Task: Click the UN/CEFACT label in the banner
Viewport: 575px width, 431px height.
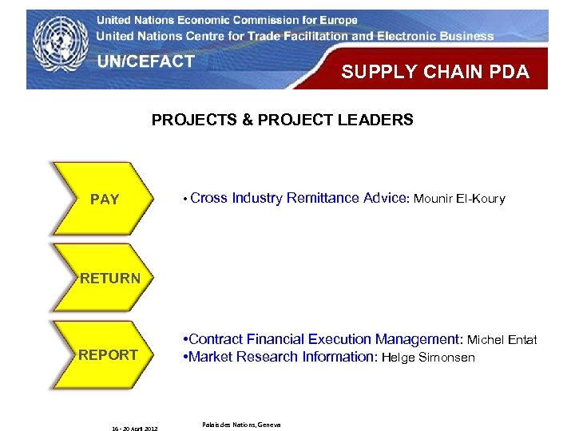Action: pyautogui.click(x=145, y=61)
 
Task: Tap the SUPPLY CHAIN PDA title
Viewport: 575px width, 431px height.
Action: pyautogui.click(x=435, y=72)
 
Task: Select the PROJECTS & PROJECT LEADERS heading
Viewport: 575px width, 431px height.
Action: pyautogui.click(x=283, y=121)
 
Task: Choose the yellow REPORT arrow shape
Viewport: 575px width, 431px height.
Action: pyautogui.click(x=106, y=355)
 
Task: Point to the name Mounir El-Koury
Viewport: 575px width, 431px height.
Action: pyautogui.click(x=459, y=199)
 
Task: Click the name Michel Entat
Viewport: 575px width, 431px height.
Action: pyautogui.click(x=502, y=340)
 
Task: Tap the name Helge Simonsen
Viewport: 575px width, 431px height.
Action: pyautogui.click(x=428, y=358)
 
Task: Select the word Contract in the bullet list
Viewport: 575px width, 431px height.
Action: pyautogui.click(x=216, y=340)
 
